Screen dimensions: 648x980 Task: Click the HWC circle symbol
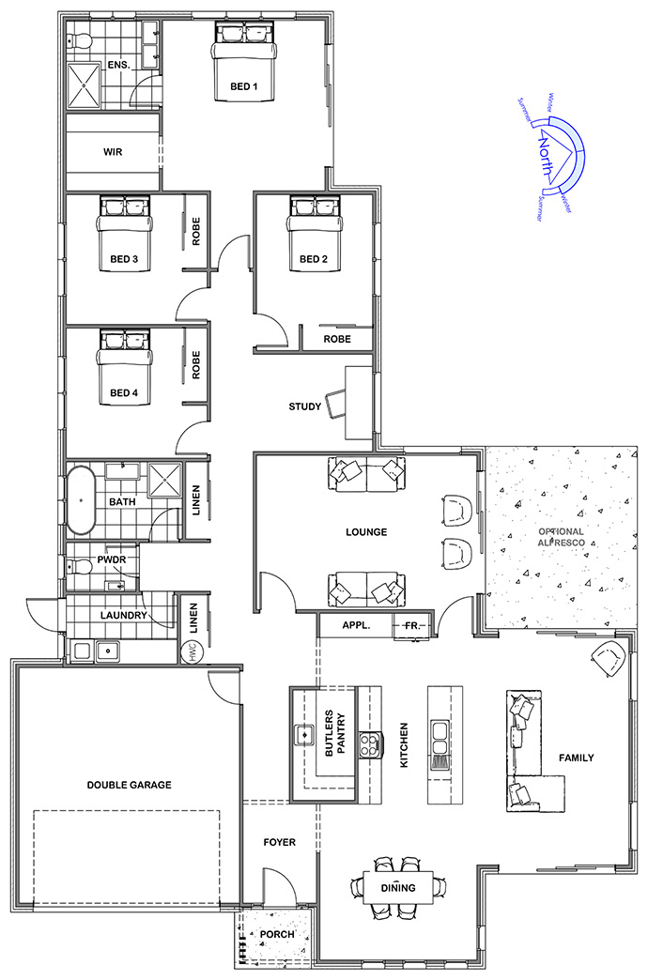[x=190, y=652]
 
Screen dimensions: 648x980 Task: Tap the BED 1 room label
[x=244, y=87]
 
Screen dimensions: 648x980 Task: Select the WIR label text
[x=114, y=152]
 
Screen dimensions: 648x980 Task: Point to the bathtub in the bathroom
[x=81, y=499]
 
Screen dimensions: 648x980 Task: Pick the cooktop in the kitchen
[x=370, y=745]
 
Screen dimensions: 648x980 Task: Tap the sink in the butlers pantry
[x=304, y=735]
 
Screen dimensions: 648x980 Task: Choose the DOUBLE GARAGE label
[x=129, y=785]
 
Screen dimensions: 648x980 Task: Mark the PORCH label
[x=277, y=934]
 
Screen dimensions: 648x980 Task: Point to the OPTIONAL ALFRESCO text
[x=562, y=537]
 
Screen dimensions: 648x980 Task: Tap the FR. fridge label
[x=411, y=625]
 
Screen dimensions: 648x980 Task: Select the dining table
[x=398, y=887]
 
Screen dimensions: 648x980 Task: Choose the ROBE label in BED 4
[x=195, y=365]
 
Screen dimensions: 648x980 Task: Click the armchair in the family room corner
[x=608, y=658]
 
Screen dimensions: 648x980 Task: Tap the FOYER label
[x=280, y=843]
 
